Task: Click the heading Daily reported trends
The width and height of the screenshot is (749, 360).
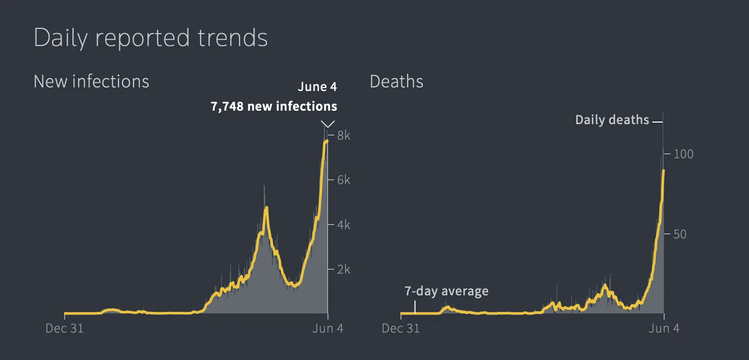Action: [151, 38]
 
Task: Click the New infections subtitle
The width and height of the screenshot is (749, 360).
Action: [91, 81]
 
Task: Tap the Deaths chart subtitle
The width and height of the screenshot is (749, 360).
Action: [396, 81]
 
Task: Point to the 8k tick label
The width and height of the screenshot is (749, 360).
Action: [343, 136]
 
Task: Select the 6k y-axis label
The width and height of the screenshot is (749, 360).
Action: [343, 180]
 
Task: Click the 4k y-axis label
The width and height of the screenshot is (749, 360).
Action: [343, 225]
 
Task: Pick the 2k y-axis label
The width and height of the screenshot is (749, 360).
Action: [343, 269]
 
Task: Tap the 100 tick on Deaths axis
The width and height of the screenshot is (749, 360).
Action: [683, 154]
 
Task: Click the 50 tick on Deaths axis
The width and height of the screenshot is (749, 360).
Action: [680, 234]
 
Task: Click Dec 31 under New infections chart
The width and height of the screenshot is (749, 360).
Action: [64, 328]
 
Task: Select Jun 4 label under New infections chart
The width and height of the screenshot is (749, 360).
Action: [327, 328]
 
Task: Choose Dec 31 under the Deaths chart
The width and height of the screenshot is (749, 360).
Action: [400, 328]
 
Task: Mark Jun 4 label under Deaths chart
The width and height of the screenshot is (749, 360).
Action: [664, 328]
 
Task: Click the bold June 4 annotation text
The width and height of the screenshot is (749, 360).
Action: [317, 87]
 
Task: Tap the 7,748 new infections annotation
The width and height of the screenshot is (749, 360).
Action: [274, 107]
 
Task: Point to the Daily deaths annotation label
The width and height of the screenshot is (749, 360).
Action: [612, 120]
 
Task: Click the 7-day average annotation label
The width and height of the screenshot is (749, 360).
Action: [446, 291]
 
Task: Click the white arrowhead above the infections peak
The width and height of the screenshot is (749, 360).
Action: [327, 124]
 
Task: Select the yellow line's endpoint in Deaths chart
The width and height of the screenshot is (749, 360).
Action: [664, 170]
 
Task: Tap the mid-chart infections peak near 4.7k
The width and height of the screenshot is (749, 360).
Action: [266, 207]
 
